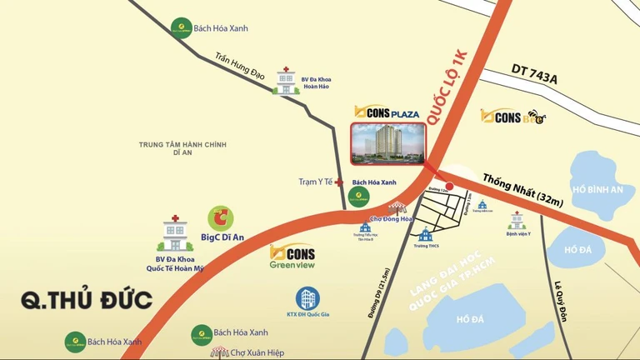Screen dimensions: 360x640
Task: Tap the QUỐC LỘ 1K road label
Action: pyautogui.click(x=447, y=87)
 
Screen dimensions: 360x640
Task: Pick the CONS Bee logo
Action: pyautogui.click(x=514, y=118)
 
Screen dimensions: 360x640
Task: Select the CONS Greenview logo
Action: pyautogui.click(x=292, y=257)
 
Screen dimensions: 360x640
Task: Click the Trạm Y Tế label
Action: pyautogui.click(x=316, y=182)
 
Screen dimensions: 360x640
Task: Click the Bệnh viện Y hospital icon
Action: pyautogui.click(x=517, y=220)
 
